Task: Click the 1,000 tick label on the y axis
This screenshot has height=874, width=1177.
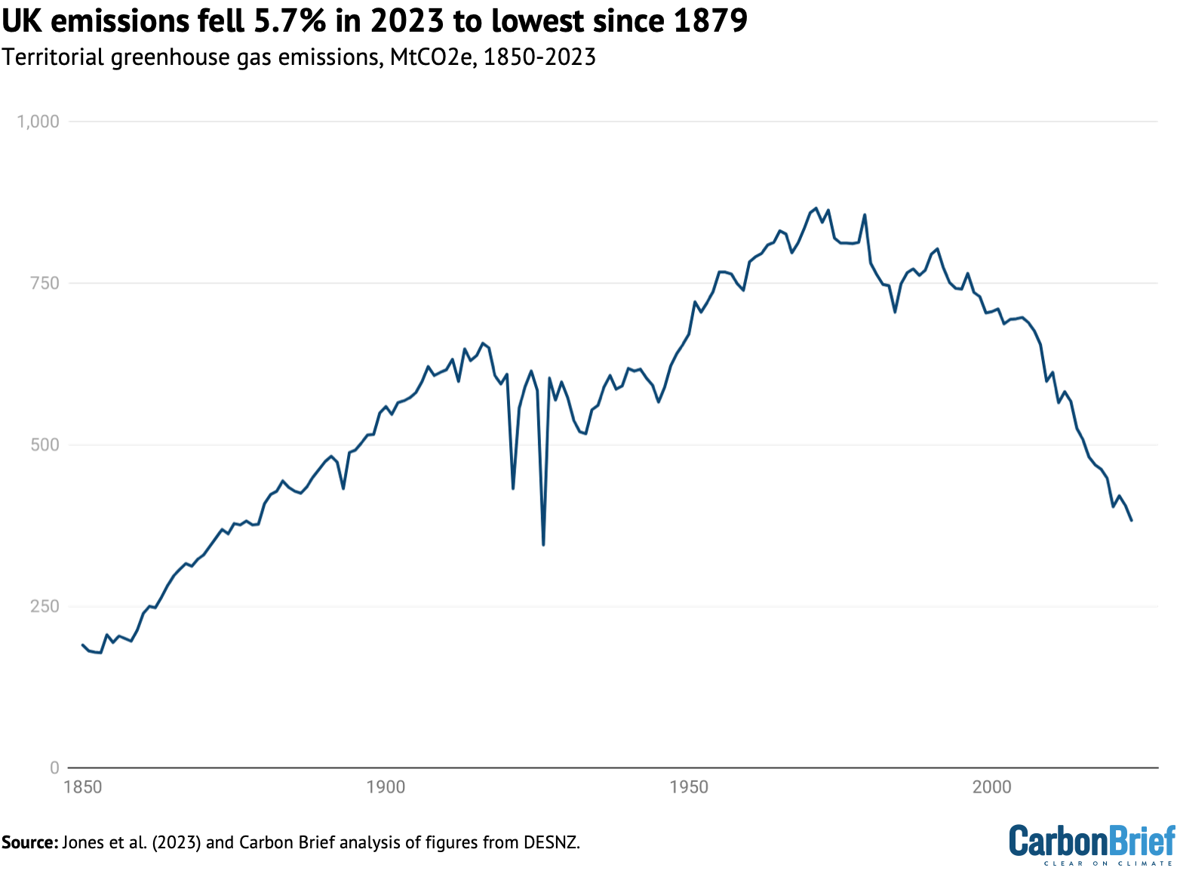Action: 38,122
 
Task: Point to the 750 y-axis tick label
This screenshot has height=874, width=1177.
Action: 44,283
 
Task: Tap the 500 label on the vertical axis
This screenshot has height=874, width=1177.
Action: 44,445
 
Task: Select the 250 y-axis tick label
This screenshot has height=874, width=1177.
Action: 44,606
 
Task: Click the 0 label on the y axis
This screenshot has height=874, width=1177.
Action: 54,768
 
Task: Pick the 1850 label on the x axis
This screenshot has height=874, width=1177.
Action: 83,787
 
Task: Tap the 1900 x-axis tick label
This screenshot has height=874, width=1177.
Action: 386,787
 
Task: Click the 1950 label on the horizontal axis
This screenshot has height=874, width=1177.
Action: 689,787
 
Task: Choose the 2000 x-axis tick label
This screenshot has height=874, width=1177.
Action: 991,787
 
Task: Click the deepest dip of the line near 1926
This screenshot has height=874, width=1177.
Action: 543,544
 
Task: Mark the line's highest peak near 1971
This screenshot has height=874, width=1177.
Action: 816,208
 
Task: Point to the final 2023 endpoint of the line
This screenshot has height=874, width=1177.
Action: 1131,520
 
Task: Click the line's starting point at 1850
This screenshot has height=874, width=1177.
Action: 83,645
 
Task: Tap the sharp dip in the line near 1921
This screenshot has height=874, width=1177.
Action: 513,488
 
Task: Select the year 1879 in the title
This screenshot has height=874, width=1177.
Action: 709,21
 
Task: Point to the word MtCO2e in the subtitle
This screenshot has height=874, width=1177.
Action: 431,57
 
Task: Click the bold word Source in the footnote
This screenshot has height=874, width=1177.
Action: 29,842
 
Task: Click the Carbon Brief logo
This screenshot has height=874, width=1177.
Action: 1092,843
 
